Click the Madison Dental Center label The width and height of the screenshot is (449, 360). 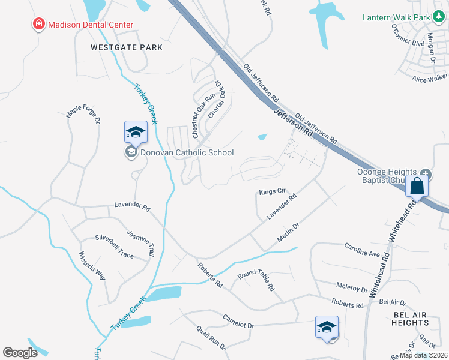click(90, 25)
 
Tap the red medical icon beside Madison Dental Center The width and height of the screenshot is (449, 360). click(39, 25)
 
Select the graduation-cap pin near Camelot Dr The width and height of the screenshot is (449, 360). click(327, 328)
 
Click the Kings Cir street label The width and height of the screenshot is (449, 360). click(271, 192)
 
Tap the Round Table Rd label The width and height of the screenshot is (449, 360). click(256, 280)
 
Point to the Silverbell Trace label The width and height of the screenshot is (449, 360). click(114, 247)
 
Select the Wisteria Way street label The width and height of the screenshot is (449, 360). click(92, 266)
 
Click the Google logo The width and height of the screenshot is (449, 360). click(20, 353)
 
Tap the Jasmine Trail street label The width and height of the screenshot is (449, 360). click(140, 242)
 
